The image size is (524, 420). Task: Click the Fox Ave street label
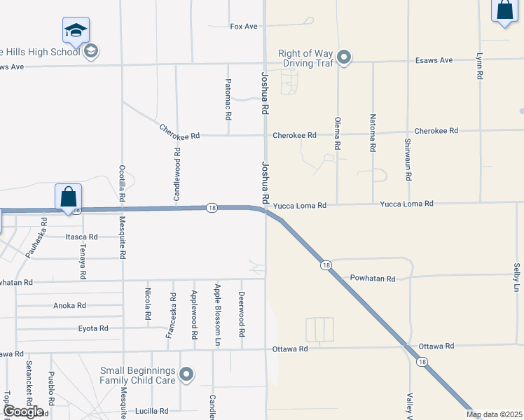244,27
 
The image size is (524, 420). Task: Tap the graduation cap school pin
76,30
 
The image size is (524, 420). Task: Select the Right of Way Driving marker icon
343,57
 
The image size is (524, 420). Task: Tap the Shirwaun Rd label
408,150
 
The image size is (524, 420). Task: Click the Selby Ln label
517,278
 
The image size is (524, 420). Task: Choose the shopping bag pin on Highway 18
69,197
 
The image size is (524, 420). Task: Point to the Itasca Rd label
81,237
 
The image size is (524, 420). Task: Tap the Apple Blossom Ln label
217,315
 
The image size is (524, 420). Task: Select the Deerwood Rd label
241,315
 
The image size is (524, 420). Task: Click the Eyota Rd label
92,328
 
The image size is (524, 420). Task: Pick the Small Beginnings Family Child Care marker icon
186,375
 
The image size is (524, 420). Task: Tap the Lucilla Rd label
153,412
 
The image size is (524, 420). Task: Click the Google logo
23,411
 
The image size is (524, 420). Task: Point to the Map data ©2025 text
494,414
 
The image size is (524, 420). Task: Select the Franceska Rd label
170,316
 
